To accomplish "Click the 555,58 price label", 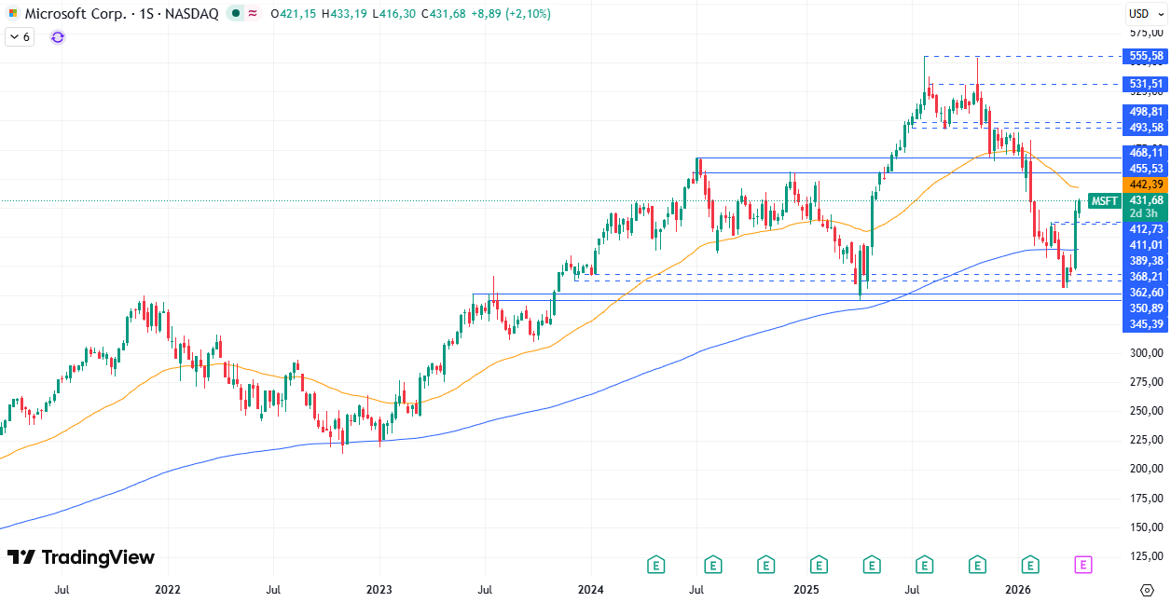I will tap(1146, 56).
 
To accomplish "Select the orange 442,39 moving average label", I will tap(1146, 185).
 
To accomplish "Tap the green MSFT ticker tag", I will tap(1104, 200).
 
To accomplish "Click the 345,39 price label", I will tap(1146, 323).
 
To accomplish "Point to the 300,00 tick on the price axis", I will tap(1146, 353).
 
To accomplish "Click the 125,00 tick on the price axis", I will tap(1146, 556).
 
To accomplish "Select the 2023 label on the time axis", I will tap(379, 589).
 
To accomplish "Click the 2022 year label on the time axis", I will tap(168, 589).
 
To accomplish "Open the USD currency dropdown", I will tap(1143, 13).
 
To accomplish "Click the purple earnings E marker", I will tap(1082, 564).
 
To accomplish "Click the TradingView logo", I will tap(81, 557).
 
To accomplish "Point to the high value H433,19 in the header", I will tap(344, 14).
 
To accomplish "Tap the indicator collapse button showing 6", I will tap(20, 37).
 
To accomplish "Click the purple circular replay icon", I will tap(58, 37).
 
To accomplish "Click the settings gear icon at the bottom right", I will tap(1148, 589).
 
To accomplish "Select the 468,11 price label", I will tap(1146, 152).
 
